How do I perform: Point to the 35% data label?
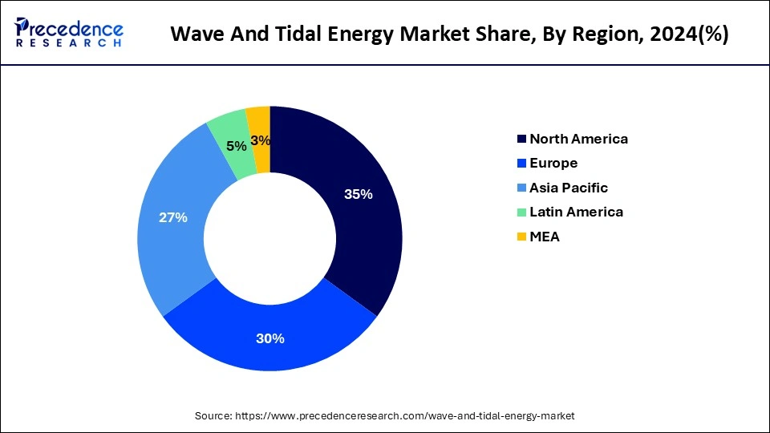coord(358,194)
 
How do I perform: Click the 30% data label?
coord(270,338)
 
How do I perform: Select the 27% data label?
coord(172,217)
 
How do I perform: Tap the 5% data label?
coord(236,146)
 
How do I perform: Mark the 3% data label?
coord(260,141)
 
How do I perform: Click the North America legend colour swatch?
coord(522,140)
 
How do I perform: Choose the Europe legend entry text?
coord(553,164)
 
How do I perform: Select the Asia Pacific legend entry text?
coord(569,188)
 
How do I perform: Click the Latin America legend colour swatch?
coord(522,212)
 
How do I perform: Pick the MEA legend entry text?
coord(545,237)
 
